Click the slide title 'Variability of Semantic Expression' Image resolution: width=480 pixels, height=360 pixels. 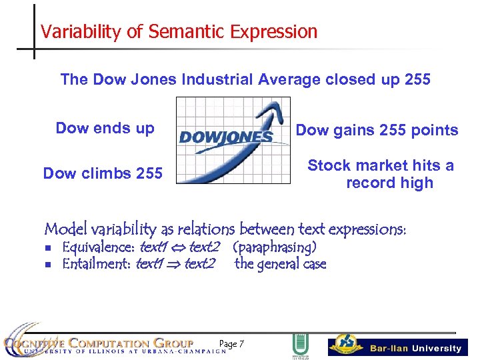[x=179, y=31]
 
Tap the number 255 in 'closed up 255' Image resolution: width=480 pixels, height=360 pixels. [x=417, y=80]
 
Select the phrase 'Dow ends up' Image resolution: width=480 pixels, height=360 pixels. [x=105, y=128]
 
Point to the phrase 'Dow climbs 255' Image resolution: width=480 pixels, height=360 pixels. [x=103, y=174]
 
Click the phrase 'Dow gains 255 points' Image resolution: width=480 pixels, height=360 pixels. [x=377, y=131]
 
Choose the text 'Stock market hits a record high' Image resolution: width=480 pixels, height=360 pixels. [x=381, y=174]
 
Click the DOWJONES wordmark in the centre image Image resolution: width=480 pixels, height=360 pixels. [x=225, y=137]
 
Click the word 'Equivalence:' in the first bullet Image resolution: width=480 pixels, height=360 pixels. [x=98, y=248]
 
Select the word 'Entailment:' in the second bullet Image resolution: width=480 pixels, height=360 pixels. [x=97, y=264]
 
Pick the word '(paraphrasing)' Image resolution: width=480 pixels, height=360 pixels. [x=274, y=248]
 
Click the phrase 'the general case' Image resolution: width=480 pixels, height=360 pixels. [x=280, y=264]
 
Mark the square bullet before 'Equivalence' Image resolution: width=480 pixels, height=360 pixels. [x=48, y=249]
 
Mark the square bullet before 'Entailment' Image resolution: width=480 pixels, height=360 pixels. [x=48, y=265]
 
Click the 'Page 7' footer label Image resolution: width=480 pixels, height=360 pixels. [x=231, y=344]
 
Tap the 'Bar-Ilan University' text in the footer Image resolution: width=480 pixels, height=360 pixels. [x=415, y=348]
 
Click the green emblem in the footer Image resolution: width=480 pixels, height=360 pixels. [x=300, y=346]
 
